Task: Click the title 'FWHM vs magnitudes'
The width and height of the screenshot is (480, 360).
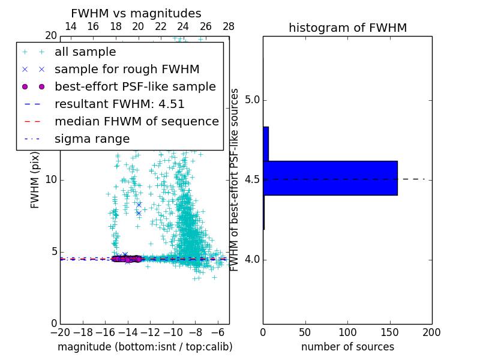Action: tap(136, 13)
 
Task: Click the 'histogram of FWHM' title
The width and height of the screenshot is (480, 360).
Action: tap(347, 28)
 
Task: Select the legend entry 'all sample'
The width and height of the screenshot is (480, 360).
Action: tap(85, 52)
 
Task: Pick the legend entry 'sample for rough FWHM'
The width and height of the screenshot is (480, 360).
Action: tap(127, 70)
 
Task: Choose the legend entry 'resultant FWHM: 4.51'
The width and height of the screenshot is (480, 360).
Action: tap(119, 104)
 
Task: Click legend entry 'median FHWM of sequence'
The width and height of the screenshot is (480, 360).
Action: tap(136, 122)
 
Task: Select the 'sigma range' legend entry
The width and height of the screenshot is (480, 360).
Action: tap(92, 139)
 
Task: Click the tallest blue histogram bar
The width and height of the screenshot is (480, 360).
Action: tap(330, 178)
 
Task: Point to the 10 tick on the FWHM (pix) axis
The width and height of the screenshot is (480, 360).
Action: tap(51, 180)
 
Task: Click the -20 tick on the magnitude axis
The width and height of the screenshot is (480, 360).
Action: tap(60, 332)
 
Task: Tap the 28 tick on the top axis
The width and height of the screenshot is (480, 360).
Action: tap(229, 26)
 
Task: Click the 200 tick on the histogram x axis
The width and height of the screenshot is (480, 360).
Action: tap(431, 332)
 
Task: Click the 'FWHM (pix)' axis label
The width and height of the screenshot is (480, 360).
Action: tap(35, 180)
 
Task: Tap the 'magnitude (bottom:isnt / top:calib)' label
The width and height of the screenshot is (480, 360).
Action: tap(145, 347)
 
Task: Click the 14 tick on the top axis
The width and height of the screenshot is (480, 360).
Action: tap(70, 26)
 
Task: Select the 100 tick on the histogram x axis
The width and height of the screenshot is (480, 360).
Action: tap(347, 332)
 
